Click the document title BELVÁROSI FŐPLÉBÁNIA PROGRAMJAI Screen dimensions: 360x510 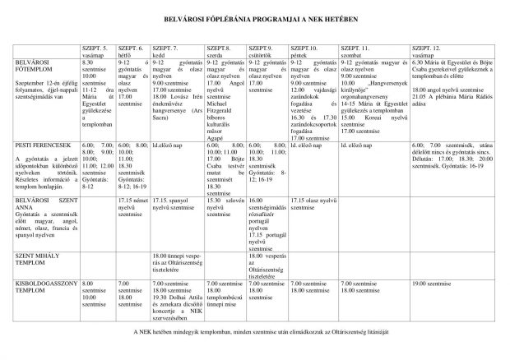(x=255, y=17)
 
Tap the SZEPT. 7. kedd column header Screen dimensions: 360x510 (x=165, y=52)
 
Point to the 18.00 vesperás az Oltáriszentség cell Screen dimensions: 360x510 (x=267, y=262)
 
